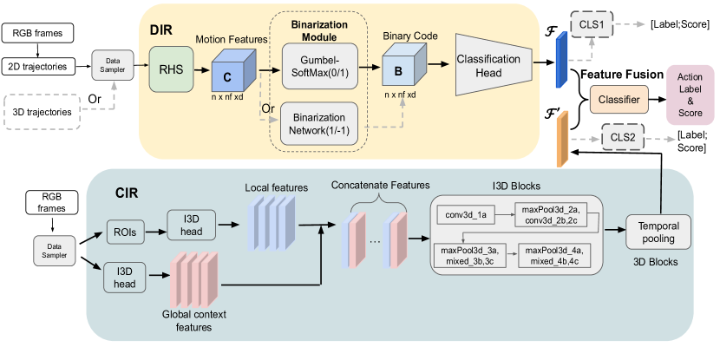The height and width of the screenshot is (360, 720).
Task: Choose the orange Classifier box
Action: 620,101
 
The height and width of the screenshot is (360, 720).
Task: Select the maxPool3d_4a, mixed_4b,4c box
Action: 554,255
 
